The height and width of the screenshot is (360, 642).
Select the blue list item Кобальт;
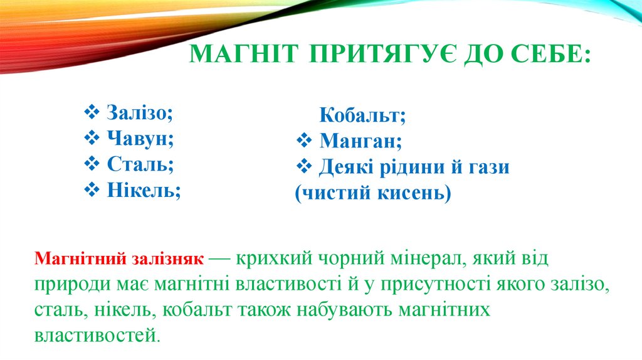[362, 115]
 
